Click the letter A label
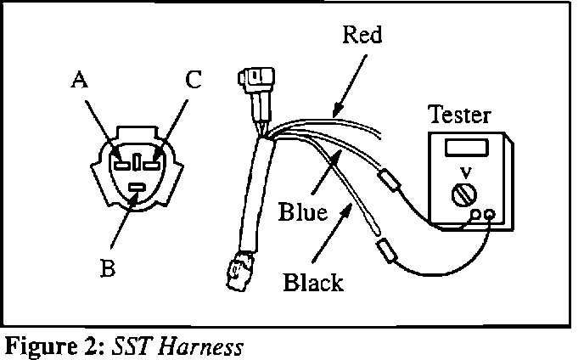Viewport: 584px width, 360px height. point(79,81)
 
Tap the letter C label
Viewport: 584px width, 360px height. point(193,82)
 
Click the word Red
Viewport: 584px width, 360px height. point(362,37)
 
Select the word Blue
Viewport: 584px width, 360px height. point(303,212)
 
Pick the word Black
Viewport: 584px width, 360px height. point(314,282)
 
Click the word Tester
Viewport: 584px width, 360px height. point(459,115)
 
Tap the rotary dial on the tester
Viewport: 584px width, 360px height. point(463,194)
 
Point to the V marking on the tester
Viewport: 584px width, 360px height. point(463,172)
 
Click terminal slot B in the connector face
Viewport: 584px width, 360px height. point(135,185)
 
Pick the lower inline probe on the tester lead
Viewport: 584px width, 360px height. point(387,250)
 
